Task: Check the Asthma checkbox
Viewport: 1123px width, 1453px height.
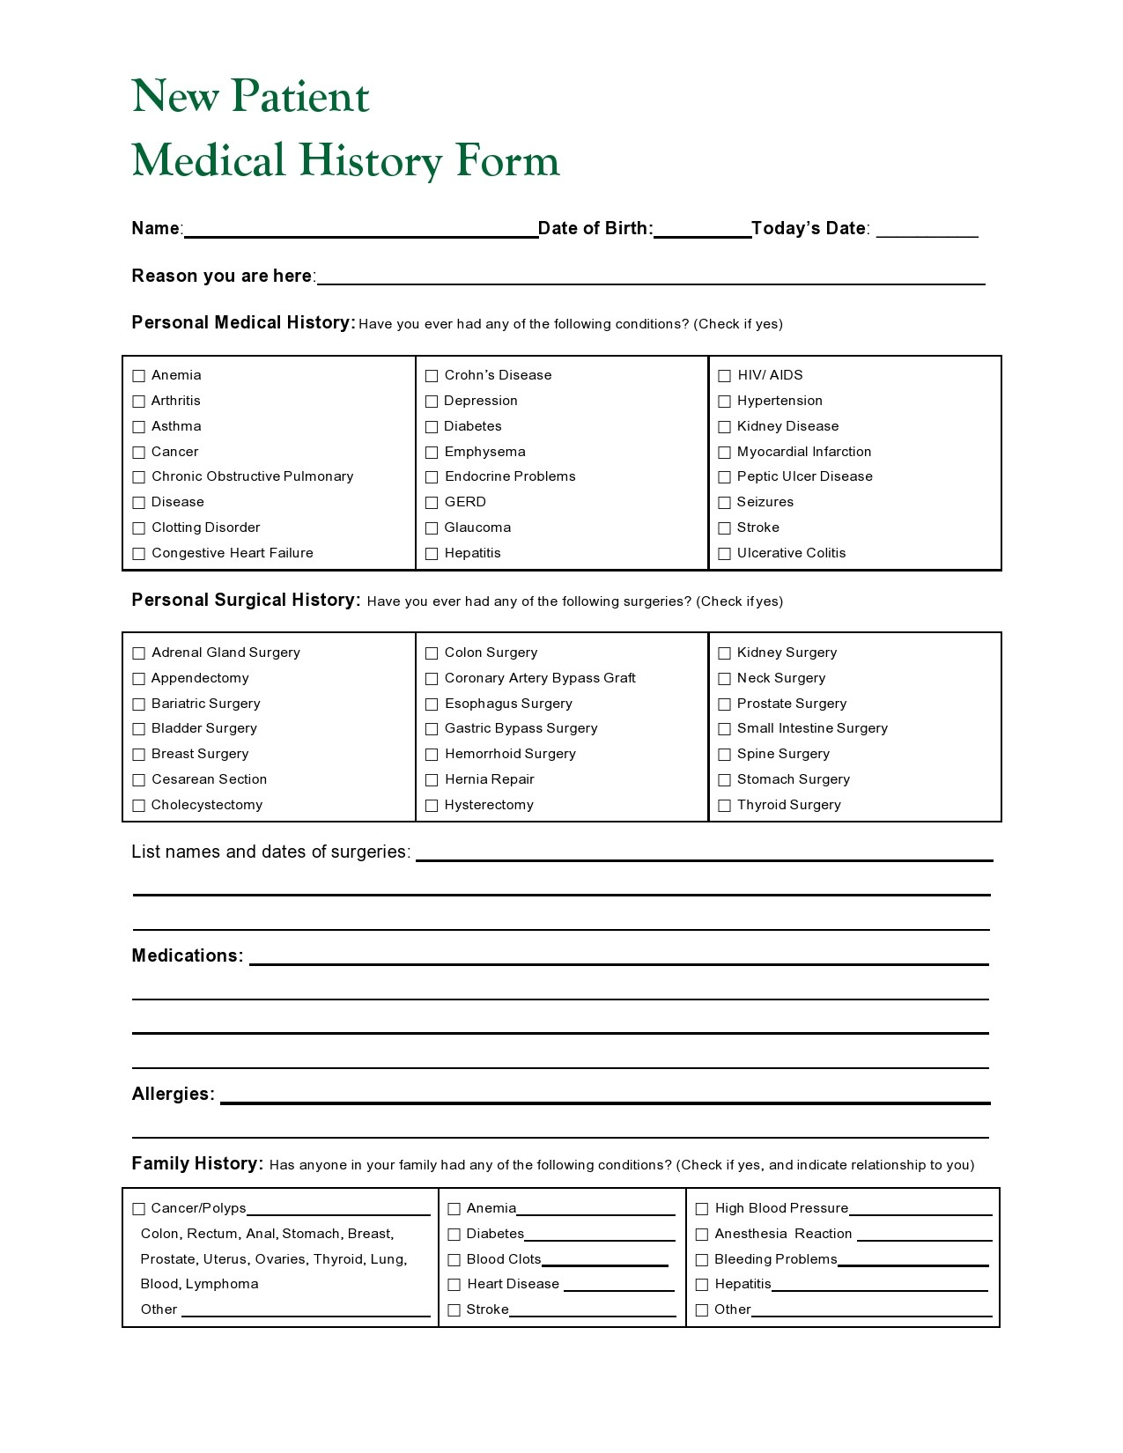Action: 138,427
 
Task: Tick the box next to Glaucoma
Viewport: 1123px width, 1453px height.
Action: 432,528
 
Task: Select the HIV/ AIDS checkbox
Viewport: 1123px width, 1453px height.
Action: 724,376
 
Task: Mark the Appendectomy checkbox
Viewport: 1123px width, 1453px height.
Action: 138,679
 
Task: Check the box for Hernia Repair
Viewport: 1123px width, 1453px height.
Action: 432,780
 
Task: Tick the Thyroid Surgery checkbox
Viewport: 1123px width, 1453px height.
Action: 724,806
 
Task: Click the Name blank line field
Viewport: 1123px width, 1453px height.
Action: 360,229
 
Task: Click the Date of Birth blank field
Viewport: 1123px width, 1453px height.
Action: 701,229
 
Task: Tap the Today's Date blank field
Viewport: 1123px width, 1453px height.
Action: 927,229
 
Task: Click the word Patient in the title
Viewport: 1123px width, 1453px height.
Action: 299,96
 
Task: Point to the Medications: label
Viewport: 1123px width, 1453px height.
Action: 187,956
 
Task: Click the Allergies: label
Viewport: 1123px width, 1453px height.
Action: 173,1095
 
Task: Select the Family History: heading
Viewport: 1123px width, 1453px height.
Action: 197,1164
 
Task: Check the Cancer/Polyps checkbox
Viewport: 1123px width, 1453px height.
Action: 138,1209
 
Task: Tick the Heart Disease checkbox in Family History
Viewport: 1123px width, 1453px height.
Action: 454,1285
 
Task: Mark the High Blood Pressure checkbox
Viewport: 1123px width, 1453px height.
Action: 702,1209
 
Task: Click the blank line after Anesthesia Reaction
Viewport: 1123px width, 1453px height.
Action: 924,1235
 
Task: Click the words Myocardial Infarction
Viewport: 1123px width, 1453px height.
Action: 803,452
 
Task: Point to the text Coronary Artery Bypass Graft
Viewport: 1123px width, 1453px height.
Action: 539,678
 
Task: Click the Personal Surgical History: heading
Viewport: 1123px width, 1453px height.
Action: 246,601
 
